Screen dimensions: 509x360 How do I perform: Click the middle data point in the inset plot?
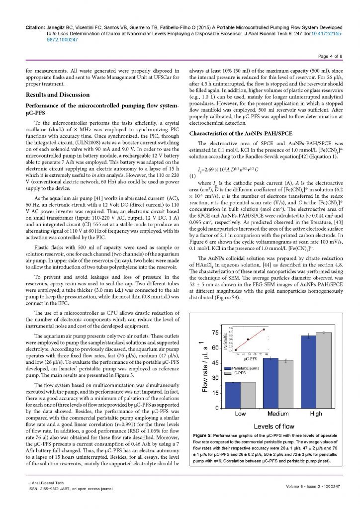pos(248,339)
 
